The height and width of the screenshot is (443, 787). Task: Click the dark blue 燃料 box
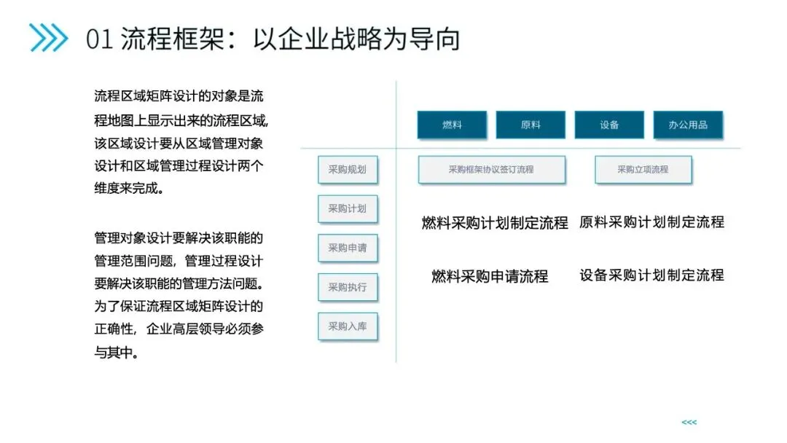click(452, 125)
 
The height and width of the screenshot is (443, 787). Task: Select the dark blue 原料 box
click(530, 125)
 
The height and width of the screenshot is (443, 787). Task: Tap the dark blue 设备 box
click(609, 125)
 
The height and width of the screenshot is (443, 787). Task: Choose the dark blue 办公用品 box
click(688, 125)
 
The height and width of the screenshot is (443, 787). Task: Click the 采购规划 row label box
click(347, 170)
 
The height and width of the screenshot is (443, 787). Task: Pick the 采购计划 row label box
click(347, 208)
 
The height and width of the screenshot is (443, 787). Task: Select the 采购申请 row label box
click(347, 248)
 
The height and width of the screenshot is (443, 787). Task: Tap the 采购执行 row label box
click(347, 287)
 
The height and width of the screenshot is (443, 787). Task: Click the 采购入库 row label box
click(347, 326)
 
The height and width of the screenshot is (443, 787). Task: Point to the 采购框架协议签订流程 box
click(491, 170)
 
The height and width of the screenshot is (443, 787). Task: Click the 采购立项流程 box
click(643, 170)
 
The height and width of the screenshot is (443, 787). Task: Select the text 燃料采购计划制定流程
click(495, 223)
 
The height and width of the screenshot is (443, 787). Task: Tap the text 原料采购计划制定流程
click(651, 222)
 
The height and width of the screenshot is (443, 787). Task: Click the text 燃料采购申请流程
click(490, 276)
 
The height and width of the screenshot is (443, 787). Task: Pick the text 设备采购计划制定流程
click(651, 275)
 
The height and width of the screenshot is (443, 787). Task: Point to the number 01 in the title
click(99, 39)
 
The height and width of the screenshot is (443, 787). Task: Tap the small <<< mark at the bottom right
click(689, 423)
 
